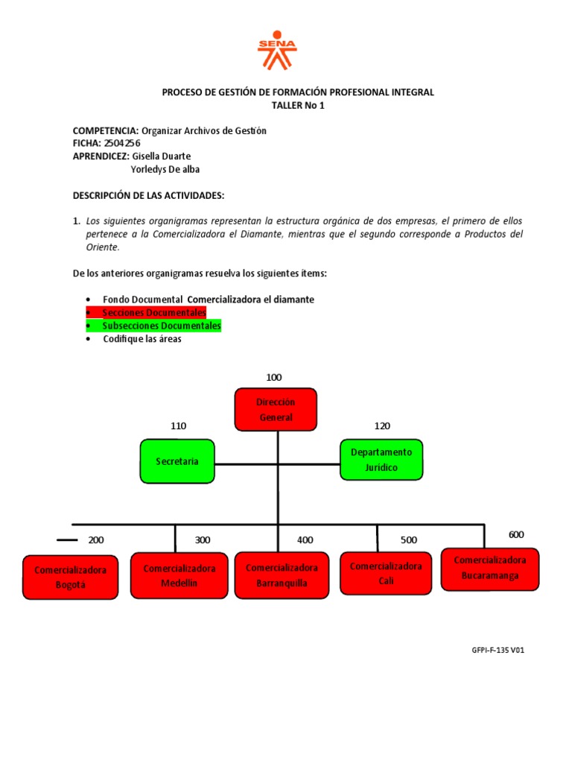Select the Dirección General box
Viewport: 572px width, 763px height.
tap(276, 410)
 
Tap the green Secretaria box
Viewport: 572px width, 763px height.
tap(177, 461)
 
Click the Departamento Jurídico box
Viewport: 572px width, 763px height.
tap(381, 460)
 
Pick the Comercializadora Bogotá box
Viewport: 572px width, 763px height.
tap(70, 577)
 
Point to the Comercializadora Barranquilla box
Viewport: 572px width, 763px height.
tap(282, 575)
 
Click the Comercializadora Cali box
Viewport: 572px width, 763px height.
tap(386, 573)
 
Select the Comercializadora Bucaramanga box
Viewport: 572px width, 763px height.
tap(490, 569)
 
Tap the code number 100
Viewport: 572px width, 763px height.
tap(274, 377)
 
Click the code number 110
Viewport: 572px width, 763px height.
tap(178, 425)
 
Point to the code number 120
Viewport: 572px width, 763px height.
tap(381, 425)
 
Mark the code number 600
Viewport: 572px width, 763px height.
tap(516, 535)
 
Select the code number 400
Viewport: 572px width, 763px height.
tap(305, 539)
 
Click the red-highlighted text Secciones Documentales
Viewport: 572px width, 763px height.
tap(154, 313)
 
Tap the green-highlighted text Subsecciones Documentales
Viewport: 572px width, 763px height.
tap(162, 326)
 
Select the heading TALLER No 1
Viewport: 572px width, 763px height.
tap(298, 105)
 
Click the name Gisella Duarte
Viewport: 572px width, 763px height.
tap(161, 156)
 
